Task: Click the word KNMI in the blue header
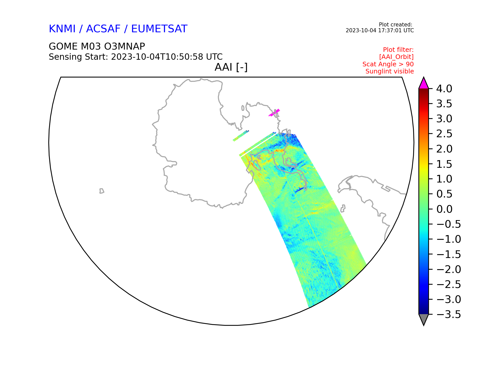tap(62, 29)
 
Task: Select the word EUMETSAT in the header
tap(159, 29)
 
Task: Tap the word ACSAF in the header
tap(103, 29)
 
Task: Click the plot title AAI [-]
tap(231, 67)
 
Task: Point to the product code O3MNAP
tap(125, 47)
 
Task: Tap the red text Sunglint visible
tap(390, 71)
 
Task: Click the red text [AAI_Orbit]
tap(396, 57)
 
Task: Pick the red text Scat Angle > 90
tap(388, 64)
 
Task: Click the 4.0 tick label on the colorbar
tap(444, 89)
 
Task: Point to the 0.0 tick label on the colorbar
tap(444, 209)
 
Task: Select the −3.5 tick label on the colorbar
tap(448, 314)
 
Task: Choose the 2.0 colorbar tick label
tap(444, 149)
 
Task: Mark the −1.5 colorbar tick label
tap(448, 254)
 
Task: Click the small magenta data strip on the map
tap(274, 113)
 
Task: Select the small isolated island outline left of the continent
tap(102, 191)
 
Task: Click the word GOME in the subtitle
tap(63, 47)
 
